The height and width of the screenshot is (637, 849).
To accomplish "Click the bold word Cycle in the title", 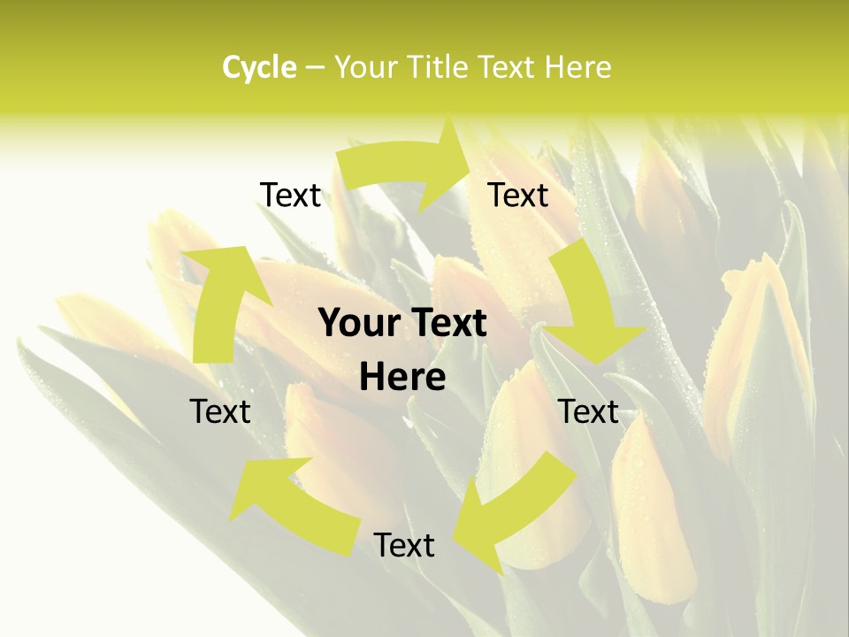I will pyautogui.click(x=259, y=67).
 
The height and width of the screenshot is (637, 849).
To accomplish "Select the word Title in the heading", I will pyautogui.click(x=442, y=67).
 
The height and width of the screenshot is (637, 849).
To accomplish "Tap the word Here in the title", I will pyautogui.click(x=579, y=67).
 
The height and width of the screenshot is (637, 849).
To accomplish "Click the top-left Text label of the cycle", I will pyautogui.click(x=290, y=195).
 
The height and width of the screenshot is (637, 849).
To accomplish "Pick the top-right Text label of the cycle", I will pyautogui.click(x=518, y=195).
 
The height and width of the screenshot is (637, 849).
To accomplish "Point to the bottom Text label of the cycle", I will pyautogui.click(x=404, y=545).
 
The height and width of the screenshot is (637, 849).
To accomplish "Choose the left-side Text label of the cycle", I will pyautogui.click(x=220, y=411).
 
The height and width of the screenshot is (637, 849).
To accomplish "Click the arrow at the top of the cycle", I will pyautogui.click(x=407, y=164).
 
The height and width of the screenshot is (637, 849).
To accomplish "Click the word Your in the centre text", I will pyautogui.click(x=357, y=324).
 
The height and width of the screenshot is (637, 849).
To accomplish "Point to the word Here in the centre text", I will pyautogui.click(x=402, y=378).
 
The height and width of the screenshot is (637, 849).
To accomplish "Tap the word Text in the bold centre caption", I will pyautogui.click(x=447, y=324).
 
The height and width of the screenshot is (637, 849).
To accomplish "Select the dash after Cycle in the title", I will pyautogui.click(x=314, y=67).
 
